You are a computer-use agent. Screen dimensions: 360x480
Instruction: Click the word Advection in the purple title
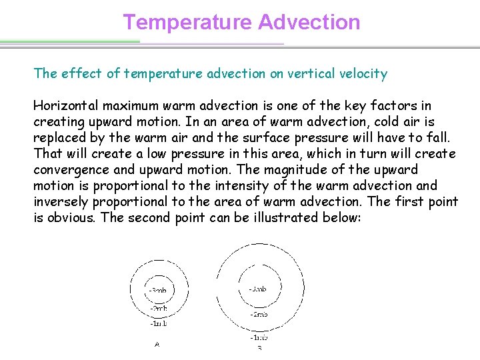click(x=309, y=22)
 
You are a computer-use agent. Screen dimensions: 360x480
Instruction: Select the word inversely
click(x=61, y=201)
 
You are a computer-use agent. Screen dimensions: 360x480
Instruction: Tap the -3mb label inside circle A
click(x=157, y=291)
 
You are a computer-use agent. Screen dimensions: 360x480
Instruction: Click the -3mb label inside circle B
click(x=258, y=289)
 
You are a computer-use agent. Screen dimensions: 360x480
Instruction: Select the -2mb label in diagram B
click(x=259, y=313)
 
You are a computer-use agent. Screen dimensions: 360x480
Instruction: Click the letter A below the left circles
click(x=157, y=345)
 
